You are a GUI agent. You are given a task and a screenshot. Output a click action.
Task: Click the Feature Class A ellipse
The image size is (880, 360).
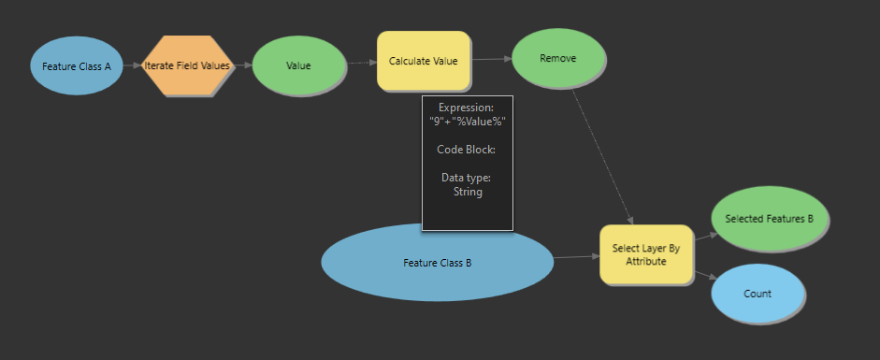tap(77, 66)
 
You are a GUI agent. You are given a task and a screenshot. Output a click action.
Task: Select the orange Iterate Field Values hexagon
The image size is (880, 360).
tap(188, 66)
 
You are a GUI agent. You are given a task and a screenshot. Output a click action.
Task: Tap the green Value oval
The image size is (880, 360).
tap(299, 65)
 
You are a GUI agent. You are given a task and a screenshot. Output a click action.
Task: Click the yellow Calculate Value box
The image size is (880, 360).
tap(423, 61)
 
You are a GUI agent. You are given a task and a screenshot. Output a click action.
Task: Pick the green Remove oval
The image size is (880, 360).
tap(558, 58)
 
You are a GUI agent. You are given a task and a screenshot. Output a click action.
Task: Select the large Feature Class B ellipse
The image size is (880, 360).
tap(437, 263)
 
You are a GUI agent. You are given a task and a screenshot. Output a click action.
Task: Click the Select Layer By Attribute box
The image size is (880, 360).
tap(645, 254)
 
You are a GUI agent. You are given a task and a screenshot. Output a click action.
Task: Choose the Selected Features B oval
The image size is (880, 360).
tap(769, 219)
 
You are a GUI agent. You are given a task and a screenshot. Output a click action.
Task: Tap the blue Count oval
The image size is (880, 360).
tap(757, 294)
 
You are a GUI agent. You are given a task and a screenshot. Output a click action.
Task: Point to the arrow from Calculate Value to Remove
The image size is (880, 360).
tap(492, 59)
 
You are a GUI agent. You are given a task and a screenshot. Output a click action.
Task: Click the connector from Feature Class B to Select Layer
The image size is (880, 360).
tap(576, 256)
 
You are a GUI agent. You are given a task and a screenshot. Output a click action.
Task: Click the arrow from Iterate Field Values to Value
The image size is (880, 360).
tap(241, 65)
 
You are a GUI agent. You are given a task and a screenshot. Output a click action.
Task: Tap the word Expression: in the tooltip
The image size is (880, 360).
tap(466, 108)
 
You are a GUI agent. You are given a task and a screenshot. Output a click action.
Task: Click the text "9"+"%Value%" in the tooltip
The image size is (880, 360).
tap(467, 122)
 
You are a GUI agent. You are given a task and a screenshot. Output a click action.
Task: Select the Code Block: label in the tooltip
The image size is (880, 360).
tap(466, 150)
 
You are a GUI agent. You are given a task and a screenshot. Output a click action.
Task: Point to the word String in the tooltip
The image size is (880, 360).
tap(467, 192)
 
